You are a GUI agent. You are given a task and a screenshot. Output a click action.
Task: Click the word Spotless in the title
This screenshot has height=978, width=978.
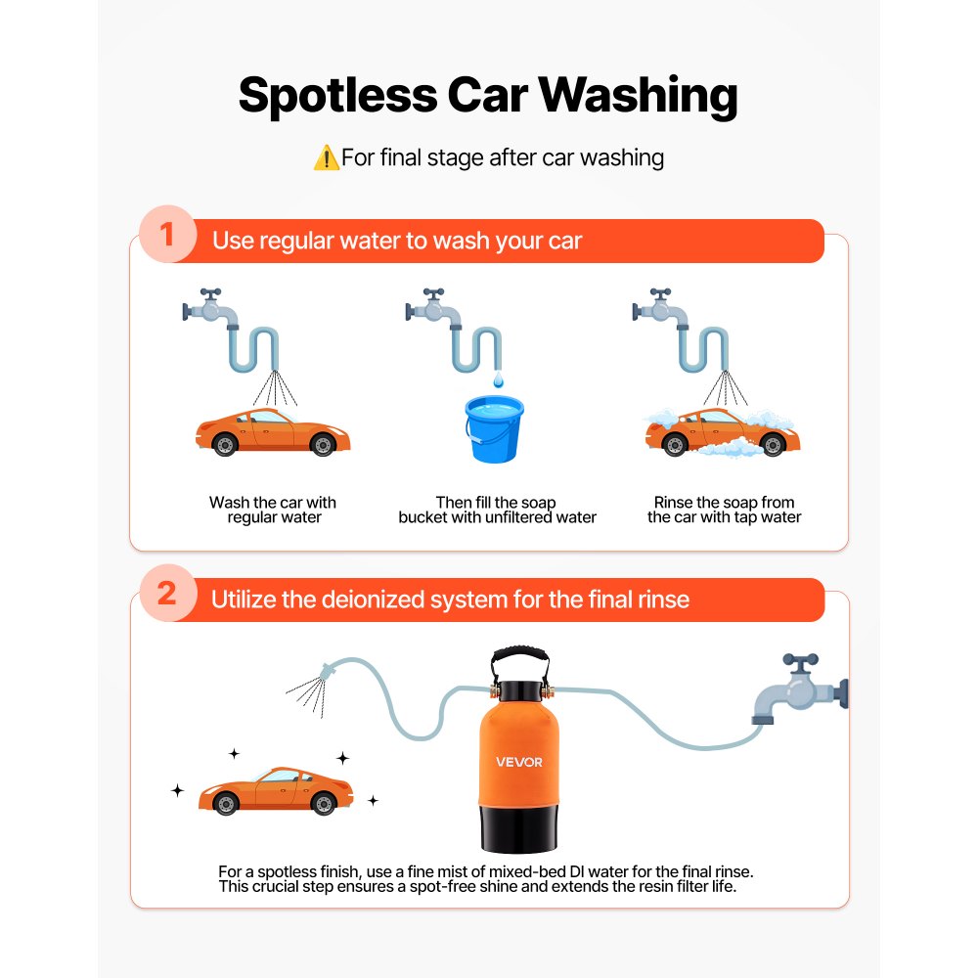coord(337,97)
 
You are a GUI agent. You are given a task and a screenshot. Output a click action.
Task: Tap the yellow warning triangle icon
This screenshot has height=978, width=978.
coord(325,157)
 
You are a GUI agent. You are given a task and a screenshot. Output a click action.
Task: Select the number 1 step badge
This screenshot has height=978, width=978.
coord(167,238)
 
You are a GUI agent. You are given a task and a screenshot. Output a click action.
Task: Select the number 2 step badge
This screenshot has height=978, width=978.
coord(167,595)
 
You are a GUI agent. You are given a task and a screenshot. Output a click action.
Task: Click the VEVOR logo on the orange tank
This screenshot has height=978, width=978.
coord(518,763)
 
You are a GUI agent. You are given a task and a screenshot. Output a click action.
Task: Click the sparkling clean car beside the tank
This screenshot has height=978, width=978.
coord(275,790)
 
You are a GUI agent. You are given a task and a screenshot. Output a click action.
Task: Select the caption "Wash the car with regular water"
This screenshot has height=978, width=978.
coord(273,510)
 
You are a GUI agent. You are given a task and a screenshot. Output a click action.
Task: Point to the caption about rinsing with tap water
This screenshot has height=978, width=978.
coord(724,510)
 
